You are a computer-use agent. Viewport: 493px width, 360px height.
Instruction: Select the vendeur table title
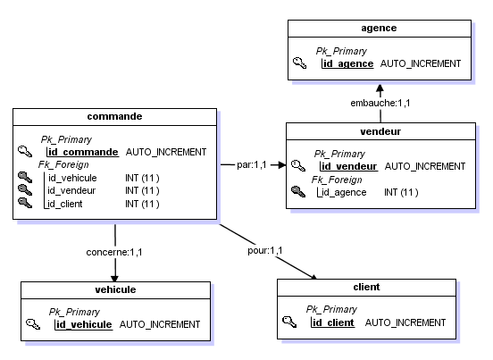click(380, 130)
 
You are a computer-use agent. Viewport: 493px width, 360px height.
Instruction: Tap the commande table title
click(114, 116)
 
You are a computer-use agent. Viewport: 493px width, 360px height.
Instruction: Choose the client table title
click(367, 287)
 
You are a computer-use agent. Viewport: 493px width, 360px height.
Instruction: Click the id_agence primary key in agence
click(347, 64)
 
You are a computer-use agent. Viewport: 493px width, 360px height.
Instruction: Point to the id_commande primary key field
click(83, 152)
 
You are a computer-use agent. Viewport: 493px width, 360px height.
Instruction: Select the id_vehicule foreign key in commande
click(71, 178)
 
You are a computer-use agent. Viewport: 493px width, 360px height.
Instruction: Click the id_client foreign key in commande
click(66, 204)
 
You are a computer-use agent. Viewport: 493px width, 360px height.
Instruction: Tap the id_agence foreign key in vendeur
click(344, 192)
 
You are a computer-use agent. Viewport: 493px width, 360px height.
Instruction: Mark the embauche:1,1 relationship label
click(380, 104)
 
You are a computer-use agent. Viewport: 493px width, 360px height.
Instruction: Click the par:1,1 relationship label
click(252, 165)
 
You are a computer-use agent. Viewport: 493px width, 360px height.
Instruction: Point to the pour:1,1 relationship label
click(264, 249)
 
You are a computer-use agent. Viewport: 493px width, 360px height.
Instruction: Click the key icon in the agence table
click(300, 64)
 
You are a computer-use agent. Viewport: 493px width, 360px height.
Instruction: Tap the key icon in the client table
click(288, 322)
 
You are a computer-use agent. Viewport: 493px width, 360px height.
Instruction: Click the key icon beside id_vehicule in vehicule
click(33, 324)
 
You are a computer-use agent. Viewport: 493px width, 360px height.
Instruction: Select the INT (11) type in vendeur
click(401, 192)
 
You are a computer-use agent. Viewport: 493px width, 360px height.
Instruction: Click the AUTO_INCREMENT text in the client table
click(405, 322)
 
